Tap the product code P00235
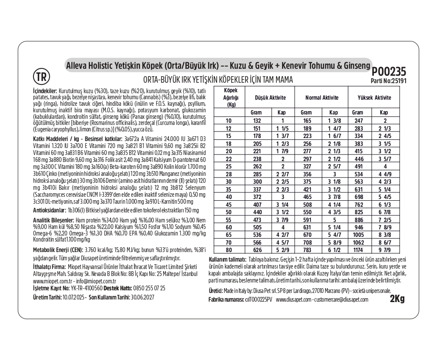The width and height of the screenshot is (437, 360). click(389, 72)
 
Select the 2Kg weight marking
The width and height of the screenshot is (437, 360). click(397, 299)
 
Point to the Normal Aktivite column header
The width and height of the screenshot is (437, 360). click(322, 98)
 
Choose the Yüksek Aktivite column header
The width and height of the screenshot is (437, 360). click(374, 98)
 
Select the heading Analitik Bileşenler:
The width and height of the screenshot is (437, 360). click(54, 220)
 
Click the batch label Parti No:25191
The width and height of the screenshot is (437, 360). click(388, 81)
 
